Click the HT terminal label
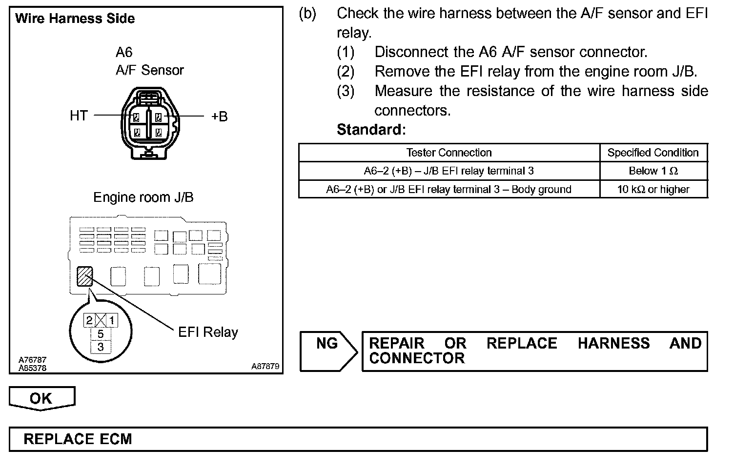click(x=79, y=116)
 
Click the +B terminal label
click(x=219, y=117)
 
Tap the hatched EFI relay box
click(x=84, y=276)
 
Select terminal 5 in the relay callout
click(x=101, y=334)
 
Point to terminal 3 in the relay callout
click(x=101, y=347)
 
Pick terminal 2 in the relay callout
click(x=89, y=320)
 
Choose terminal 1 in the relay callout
click(x=112, y=320)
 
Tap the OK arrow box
click(x=41, y=398)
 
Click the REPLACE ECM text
click(x=78, y=439)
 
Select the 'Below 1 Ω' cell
click(x=653, y=171)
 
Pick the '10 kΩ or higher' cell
click(x=653, y=189)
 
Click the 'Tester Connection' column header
click(x=449, y=153)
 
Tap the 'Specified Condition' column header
click(x=653, y=153)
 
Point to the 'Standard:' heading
click(x=371, y=130)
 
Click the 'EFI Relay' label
click(x=208, y=332)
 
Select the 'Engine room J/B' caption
click(x=143, y=197)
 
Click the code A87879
click(x=265, y=366)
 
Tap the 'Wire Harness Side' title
click(x=75, y=19)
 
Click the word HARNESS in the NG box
click(x=613, y=343)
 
